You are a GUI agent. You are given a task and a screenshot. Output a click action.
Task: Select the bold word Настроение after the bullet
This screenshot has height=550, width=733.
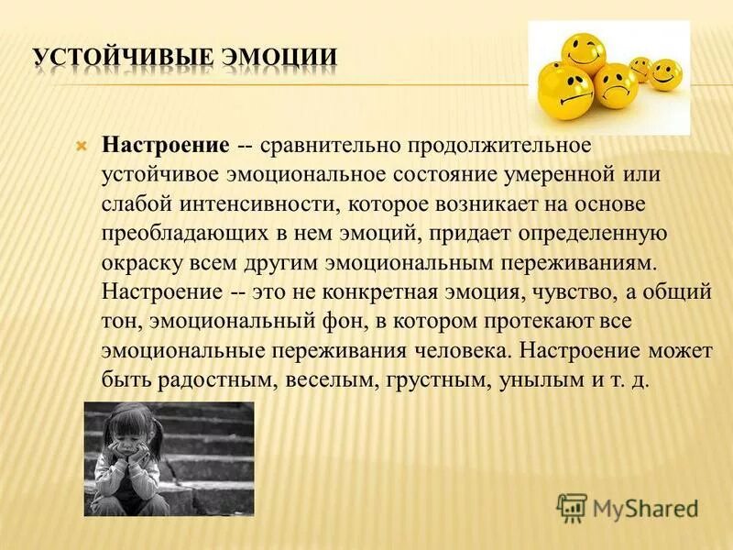tap(166, 146)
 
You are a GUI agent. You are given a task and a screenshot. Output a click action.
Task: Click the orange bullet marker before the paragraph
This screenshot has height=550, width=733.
tap(81, 147)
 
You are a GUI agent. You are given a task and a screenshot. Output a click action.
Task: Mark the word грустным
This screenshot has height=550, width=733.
tap(436, 380)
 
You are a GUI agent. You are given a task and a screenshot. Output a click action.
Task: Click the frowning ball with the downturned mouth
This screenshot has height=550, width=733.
tap(616, 85)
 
